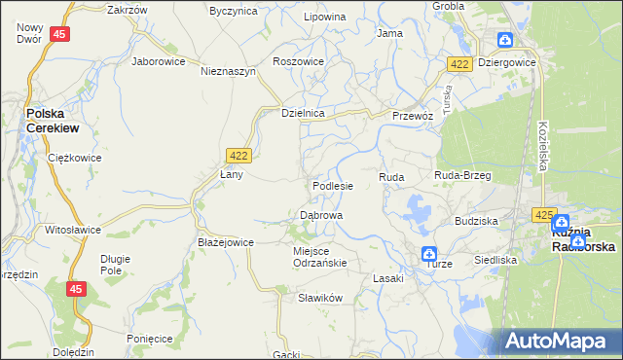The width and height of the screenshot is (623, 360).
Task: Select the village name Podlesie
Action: click(332, 185)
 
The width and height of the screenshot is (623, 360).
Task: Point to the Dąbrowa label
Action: click(320, 214)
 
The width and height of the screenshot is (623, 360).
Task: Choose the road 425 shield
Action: click(543, 214)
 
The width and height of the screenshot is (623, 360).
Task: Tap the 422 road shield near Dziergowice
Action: click(460, 63)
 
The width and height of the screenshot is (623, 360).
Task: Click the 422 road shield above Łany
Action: click(238, 155)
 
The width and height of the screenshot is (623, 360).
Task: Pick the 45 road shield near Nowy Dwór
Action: click(60, 34)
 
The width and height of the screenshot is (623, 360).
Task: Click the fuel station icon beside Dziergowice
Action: click(505, 40)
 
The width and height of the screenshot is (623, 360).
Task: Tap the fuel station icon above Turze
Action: click(429, 254)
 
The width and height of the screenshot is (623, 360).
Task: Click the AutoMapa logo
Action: click(562, 341)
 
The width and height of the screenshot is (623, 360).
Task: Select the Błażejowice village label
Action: click(226, 242)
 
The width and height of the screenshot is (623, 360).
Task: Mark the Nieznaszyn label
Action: click(228, 71)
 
